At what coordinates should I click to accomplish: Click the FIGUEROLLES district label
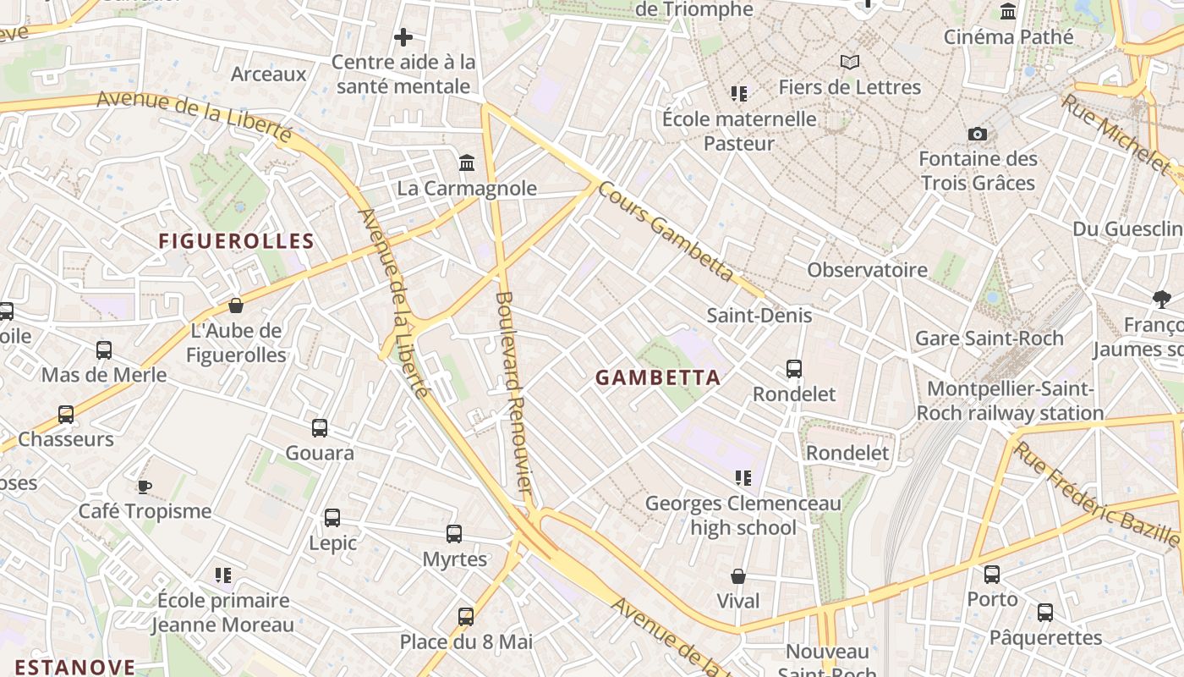tap(237, 241)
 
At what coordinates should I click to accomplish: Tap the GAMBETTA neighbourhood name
tap(659, 377)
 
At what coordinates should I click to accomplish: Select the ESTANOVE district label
tap(75, 667)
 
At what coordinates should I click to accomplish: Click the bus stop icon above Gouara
tap(320, 428)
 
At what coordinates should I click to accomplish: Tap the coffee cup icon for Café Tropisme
tap(144, 487)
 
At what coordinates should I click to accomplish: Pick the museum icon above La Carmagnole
tap(467, 162)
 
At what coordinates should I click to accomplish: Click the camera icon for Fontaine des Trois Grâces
tap(978, 135)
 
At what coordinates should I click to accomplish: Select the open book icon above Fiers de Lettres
tap(850, 62)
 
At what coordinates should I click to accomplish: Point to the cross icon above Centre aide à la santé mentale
tap(403, 37)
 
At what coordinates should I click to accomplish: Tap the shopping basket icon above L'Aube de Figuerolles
tap(236, 305)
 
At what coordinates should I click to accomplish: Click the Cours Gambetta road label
tap(666, 230)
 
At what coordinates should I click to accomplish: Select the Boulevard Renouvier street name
tap(514, 393)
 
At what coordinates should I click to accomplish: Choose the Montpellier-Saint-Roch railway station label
tap(1011, 401)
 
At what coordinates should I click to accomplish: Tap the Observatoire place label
tap(867, 270)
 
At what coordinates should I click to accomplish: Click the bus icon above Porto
tap(992, 575)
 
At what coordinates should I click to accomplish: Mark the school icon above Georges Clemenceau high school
tap(743, 478)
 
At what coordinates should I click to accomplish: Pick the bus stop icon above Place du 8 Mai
tap(466, 617)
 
